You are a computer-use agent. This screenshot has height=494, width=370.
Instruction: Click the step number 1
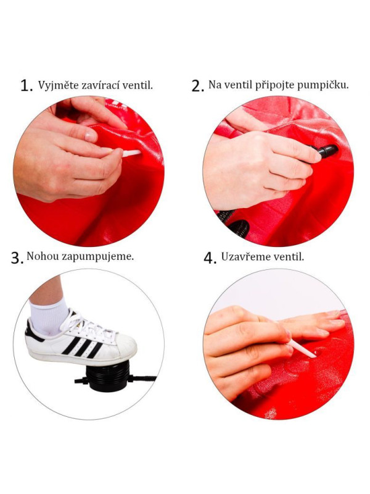click(26, 86)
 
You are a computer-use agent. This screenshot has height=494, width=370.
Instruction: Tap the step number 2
click(197, 86)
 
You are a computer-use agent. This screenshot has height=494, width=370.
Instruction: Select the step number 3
click(17, 258)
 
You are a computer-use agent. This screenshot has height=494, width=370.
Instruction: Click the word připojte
click(270, 85)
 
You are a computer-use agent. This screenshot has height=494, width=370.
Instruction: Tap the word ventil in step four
click(290, 256)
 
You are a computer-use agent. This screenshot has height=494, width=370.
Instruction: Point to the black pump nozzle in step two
click(326, 151)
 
